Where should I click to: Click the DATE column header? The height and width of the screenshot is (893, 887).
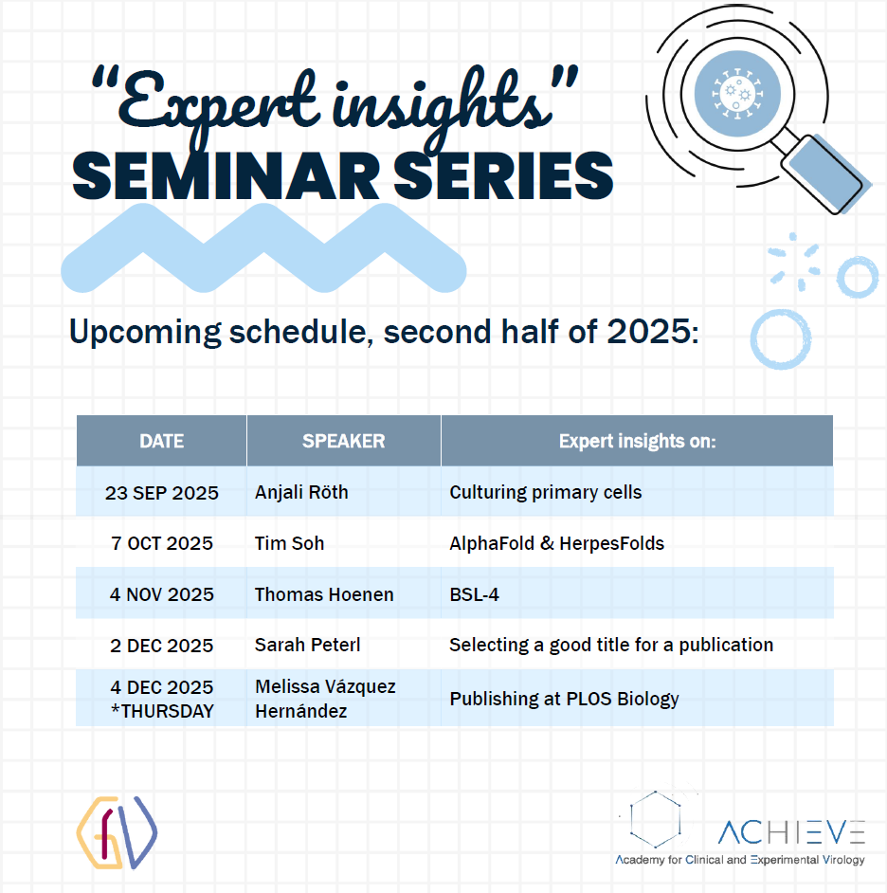(x=162, y=441)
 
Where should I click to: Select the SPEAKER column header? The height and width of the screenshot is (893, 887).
(x=343, y=441)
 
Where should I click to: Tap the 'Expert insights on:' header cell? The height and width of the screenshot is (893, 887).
(x=637, y=441)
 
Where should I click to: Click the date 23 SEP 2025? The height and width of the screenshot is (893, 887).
(x=162, y=493)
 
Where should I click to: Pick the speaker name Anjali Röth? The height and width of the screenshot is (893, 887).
(x=301, y=492)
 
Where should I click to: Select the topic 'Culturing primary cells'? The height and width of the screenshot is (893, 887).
(x=546, y=493)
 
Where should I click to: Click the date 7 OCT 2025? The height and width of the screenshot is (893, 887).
(x=162, y=543)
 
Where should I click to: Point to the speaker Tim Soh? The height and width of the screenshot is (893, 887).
(x=289, y=543)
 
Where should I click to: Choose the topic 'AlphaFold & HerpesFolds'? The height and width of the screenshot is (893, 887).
(x=557, y=543)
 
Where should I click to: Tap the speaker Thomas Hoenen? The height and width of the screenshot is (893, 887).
(x=324, y=594)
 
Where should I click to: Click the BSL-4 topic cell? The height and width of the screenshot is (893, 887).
(x=474, y=594)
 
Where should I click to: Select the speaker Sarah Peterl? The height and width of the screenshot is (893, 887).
(x=307, y=645)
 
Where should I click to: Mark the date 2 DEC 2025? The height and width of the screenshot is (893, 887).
(x=162, y=646)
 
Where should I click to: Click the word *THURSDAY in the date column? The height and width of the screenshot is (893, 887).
(x=162, y=711)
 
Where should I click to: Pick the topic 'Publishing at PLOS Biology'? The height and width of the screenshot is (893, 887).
(x=564, y=699)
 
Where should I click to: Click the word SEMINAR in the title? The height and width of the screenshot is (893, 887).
(x=226, y=176)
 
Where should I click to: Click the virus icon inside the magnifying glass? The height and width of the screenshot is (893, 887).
(x=737, y=94)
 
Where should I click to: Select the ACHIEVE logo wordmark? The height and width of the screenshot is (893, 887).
(x=791, y=832)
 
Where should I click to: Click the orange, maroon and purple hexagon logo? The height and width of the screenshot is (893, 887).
(x=117, y=832)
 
